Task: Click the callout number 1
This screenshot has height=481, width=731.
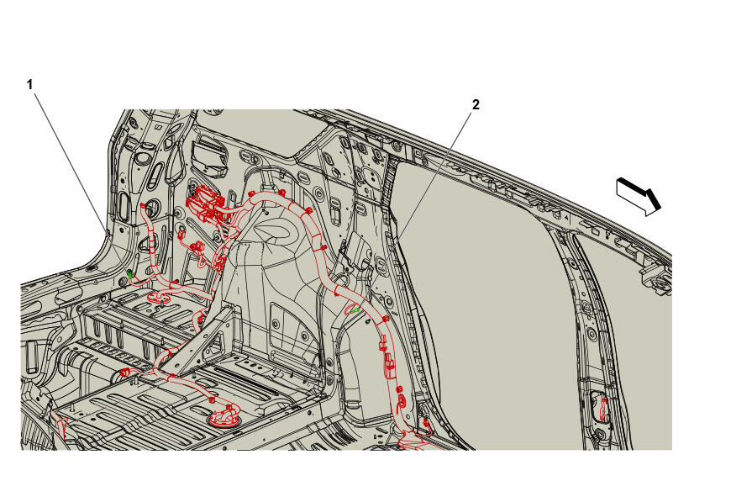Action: click(30, 85)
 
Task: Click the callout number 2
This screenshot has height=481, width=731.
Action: click(476, 105)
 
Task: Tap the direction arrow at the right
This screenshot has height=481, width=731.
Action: click(639, 196)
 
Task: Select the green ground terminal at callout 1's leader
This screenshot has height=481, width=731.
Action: click(130, 274)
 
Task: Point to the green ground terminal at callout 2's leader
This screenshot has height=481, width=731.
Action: click(355, 309)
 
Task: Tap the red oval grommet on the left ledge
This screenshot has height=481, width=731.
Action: click(159, 297)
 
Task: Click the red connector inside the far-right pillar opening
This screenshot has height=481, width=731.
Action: click(603, 410)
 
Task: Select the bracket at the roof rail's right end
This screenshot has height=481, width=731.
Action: click(657, 279)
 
